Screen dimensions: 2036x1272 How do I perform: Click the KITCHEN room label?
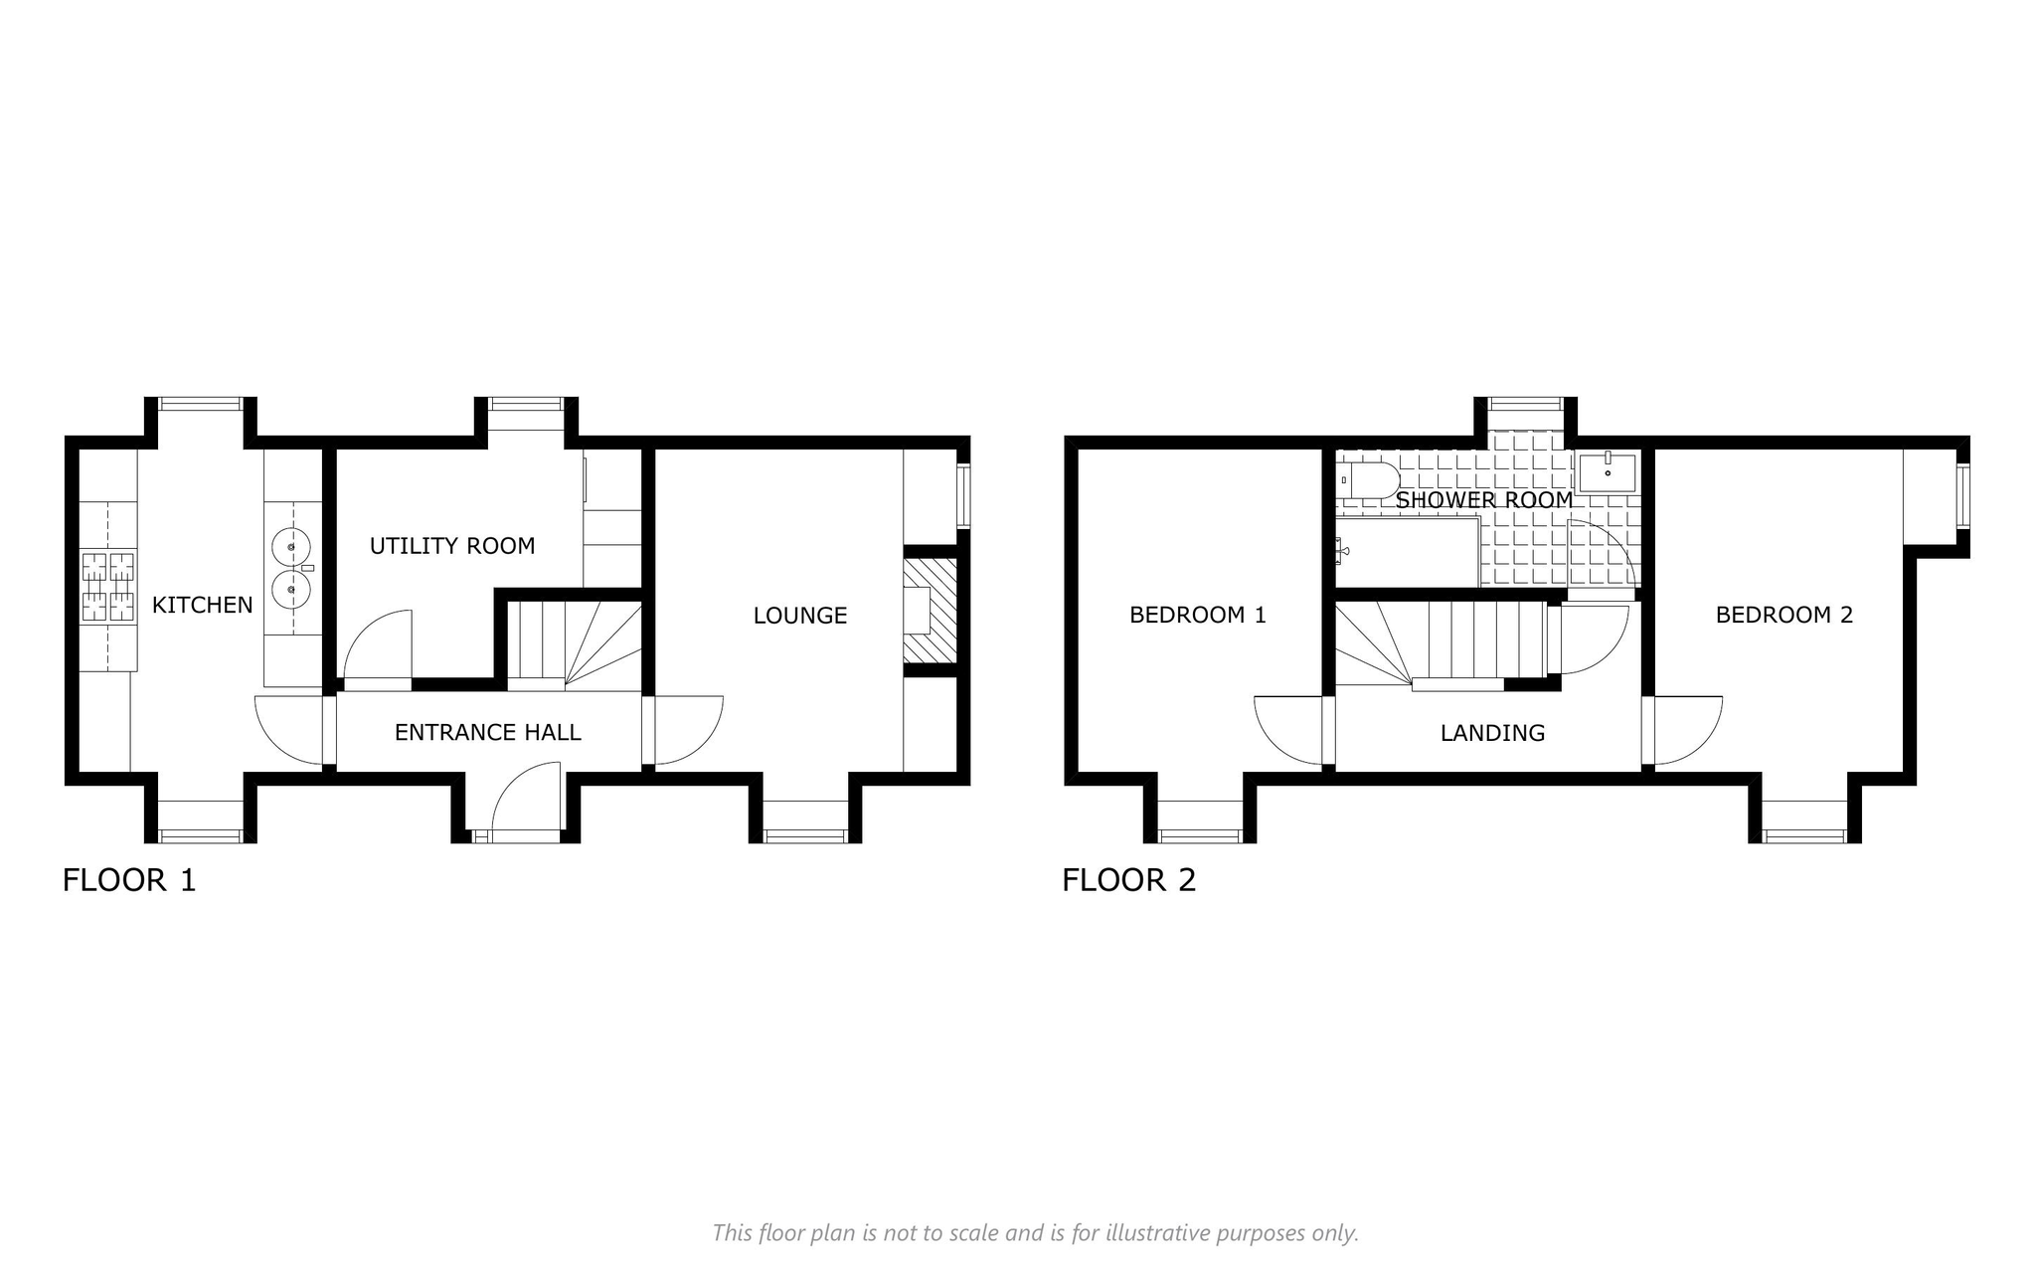[x=203, y=605]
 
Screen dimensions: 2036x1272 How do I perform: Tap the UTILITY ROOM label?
[x=452, y=546]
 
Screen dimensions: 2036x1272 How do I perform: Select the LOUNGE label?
[x=800, y=616]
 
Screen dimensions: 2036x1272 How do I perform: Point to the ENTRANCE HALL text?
[x=487, y=733]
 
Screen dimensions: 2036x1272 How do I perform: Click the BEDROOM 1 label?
[x=1198, y=615]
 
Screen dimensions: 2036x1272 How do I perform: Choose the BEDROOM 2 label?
[x=1784, y=615]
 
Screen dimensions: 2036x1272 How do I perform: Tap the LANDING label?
[x=1492, y=733]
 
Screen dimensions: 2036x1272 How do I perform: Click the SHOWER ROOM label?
[x=1484, y=499]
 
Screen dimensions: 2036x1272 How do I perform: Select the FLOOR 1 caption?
[x=129, y=880]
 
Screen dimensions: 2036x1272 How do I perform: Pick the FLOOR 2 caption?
[x=1129, y=880]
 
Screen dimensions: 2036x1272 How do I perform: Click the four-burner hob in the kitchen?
[x=107, y=588]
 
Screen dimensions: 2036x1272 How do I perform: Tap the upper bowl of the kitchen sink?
[x=290, y=546]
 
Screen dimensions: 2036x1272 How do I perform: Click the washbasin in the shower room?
[x=1608, y=472]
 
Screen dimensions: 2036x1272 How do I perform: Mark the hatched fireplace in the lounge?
[x=930, y=611]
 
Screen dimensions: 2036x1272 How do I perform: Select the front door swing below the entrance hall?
[x=527, y=796]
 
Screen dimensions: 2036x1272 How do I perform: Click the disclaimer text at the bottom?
[x=1035, y=1233]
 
